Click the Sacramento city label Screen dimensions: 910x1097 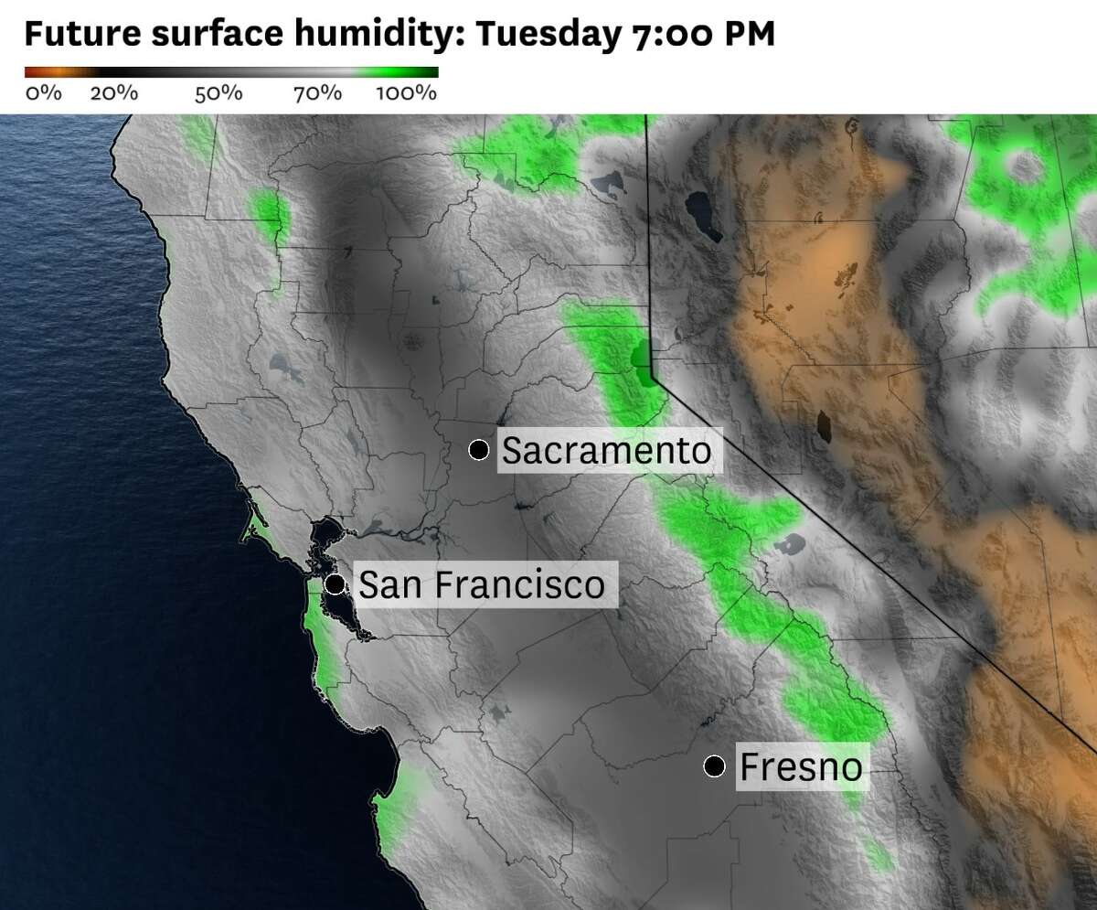pyautogui.click(x=606, y=450)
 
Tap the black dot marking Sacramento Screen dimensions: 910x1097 pyautogui.click(x=478, y=449)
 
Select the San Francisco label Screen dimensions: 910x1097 pyautogui.click(x=481, y=584)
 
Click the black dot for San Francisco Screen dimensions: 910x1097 pyautogui.click(x=335, y=583)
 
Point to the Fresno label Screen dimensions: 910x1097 pyautogui.click(x=800, y=766)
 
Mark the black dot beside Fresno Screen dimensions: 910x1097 pyautogui.click(x=714, y=765)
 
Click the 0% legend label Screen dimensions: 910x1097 pyautogui.click(x=43, y=92)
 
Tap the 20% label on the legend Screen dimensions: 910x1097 pyautogui.click(x=113, y=92)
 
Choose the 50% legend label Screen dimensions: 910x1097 pyautogui.click(x=218, y=92)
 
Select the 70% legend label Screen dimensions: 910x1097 pyautogui.click(x=317, y=92)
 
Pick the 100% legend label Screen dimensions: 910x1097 pyautogui.click(x=406, y=92)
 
